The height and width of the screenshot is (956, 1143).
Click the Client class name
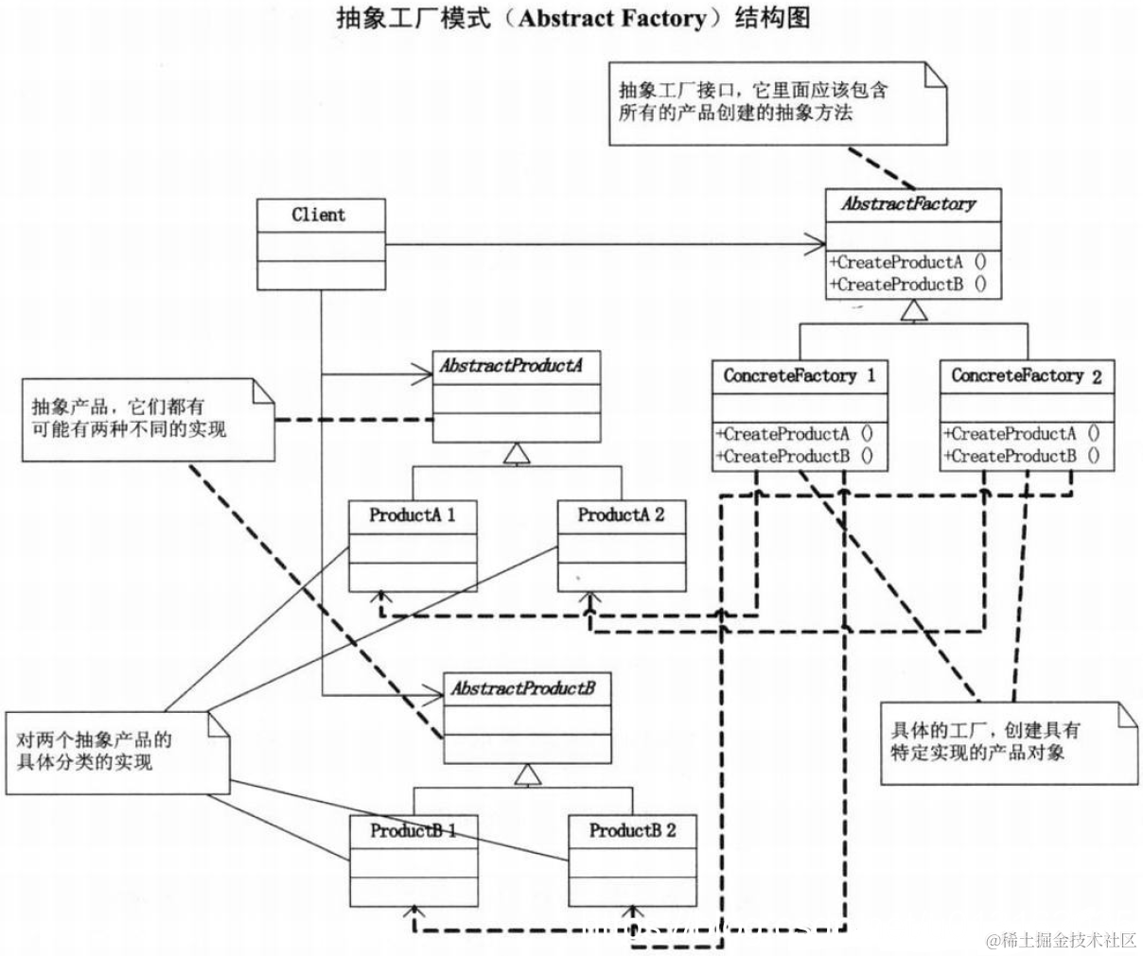tap(319, 215)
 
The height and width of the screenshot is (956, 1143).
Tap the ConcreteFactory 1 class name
tap(800, 375)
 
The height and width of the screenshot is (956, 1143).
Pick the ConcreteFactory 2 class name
tap(1027, 375)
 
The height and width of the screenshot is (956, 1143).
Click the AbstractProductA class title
tap(510, 366)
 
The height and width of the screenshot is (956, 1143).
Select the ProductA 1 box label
tap(413, 515)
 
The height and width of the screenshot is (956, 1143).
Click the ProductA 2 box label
tap(621, 515)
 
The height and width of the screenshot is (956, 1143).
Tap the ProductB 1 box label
tap(413, 831)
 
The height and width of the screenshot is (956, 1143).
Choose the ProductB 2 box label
tap(632, 831)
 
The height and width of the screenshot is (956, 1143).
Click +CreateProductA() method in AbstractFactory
tap(907, 263)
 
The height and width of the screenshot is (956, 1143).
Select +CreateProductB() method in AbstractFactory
tap(907, 285)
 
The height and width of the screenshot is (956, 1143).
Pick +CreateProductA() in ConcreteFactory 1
tap(795, 435)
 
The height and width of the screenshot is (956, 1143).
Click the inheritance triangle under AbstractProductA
tap(516, 454)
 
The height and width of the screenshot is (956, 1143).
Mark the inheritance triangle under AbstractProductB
tap(527, 775)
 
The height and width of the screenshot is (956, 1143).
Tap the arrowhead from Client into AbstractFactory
tap(816, 245)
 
